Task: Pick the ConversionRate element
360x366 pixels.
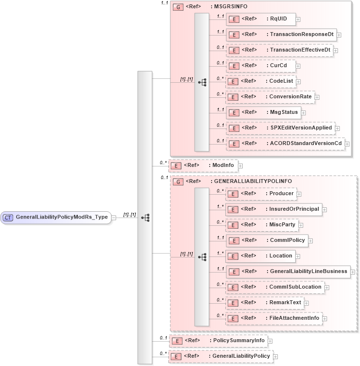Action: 270,96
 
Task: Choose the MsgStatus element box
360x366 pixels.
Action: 263,112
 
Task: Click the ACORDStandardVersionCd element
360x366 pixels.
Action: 285,143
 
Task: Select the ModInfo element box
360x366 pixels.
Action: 203,165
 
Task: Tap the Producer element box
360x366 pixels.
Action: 263,193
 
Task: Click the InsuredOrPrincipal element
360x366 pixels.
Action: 273,209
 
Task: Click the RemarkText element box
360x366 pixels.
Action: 265,302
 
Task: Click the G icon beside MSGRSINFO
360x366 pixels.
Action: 178,7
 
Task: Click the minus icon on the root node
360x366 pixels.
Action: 114,218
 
